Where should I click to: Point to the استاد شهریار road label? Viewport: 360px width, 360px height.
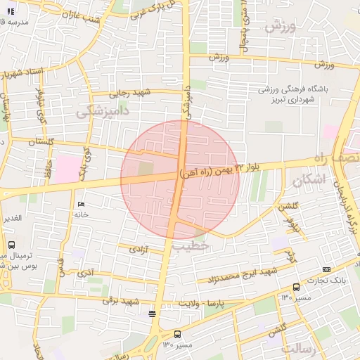pos(23,72)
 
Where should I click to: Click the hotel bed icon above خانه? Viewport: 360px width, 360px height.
pos(80,204)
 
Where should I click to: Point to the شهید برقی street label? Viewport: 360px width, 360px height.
pos(117,300)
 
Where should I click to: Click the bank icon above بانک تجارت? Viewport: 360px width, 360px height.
pos(326,269)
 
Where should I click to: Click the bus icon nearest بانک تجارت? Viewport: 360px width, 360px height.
pos(296,287)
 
